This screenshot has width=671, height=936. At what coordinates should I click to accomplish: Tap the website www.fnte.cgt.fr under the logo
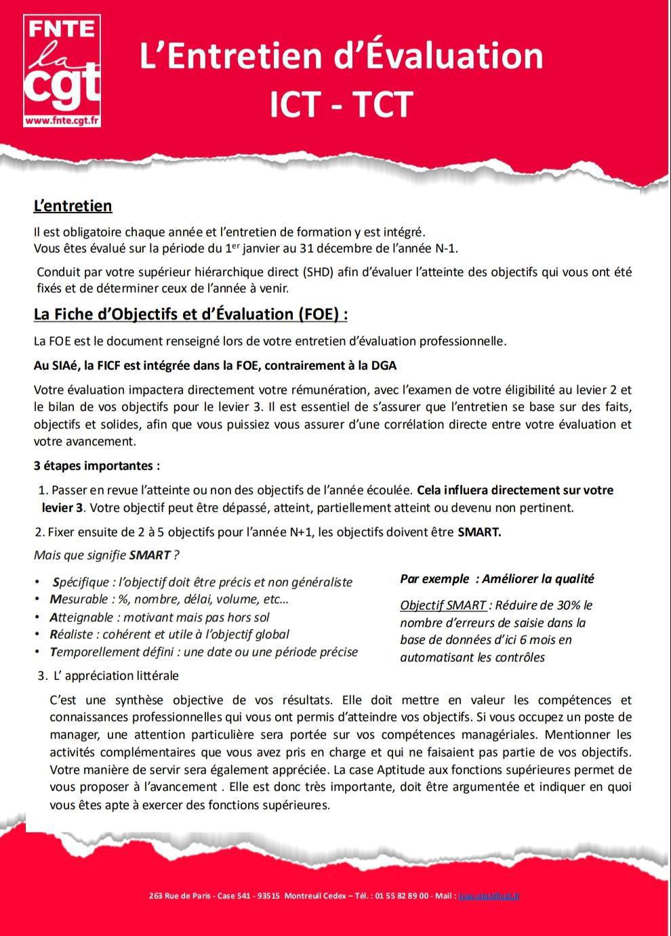[62, 121]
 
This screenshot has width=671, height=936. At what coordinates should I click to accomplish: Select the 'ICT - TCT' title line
[341, 105]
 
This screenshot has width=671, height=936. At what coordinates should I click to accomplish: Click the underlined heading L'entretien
[73, 206]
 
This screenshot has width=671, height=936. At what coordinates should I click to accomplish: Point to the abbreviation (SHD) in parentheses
[329, 272]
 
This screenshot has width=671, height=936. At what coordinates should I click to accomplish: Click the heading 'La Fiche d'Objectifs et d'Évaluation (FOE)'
[190, 314]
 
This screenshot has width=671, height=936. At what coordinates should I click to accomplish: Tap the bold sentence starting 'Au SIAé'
[215, 365]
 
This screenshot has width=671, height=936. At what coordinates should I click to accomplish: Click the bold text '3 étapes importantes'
[96, 466]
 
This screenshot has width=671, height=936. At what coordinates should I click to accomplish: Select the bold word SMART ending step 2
[479, 532]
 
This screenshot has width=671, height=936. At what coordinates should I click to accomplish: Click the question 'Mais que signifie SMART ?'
[106, 555]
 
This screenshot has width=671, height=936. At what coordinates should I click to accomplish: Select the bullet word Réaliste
[71, 635]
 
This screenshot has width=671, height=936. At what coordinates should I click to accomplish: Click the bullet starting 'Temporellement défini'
[203, 652]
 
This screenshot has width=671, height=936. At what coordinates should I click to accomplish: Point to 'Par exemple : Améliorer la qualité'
[497, 579]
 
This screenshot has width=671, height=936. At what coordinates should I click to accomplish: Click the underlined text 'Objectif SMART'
[443, 605]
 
